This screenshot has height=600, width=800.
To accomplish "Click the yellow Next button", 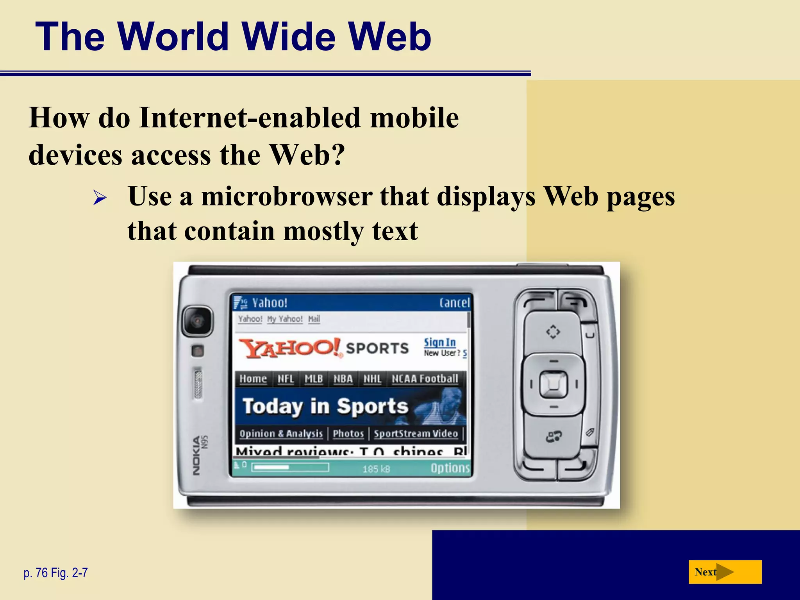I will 725,572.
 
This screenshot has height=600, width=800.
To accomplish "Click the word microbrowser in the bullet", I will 286,196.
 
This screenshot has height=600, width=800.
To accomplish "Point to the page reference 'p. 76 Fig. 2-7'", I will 56,573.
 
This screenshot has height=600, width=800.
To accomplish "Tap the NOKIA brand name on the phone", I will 196,455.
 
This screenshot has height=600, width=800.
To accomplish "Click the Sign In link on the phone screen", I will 440,343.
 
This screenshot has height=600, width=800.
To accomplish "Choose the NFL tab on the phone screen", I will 286,379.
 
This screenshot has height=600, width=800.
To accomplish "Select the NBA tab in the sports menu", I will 343,379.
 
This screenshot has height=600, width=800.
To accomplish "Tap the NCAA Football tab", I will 425,379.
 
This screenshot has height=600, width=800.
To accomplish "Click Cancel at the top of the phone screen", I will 454,303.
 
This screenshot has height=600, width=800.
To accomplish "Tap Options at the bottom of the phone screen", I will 450,468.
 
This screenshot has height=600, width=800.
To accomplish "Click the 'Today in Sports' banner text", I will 325,406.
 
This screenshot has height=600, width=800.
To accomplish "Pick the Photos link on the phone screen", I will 348,434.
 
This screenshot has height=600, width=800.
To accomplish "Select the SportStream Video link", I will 416,434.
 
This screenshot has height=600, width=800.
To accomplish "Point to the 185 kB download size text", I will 376,469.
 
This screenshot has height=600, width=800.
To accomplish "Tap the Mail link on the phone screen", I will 314,319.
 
